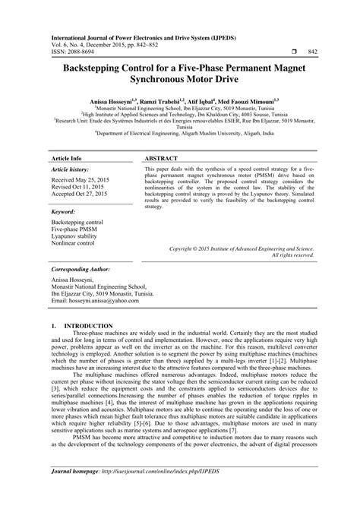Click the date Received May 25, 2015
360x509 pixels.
pyautogui.click(x=82, y=159)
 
